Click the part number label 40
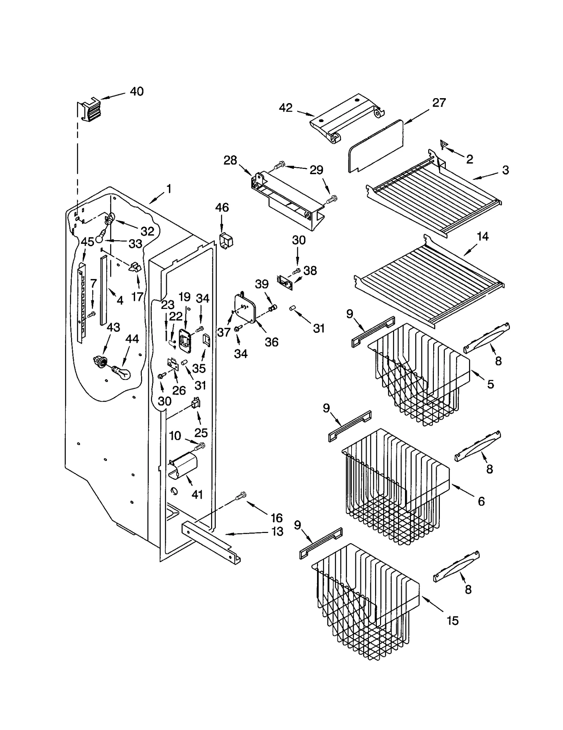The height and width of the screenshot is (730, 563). tap(137, 91)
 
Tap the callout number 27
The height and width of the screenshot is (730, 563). tap(439, 103)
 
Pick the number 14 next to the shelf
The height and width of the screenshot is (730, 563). tap(482, 236)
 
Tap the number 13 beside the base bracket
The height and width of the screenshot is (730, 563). tap(277, 531)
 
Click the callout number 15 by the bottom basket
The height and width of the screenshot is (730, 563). tap(453, 621)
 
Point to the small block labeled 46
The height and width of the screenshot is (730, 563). tap(227, 241)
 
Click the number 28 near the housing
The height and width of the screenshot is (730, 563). tap(230, 160)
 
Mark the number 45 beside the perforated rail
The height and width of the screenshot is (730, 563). tap(87, 242)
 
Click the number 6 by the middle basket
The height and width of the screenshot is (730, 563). tap(481, 501)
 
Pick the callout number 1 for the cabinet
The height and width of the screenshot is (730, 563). tap(169, 189)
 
